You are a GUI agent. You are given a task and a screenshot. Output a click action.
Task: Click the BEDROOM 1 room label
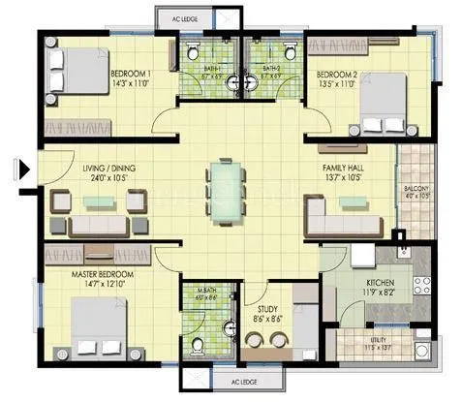click(130, 74)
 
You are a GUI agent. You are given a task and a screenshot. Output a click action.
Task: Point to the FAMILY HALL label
click(343, 168)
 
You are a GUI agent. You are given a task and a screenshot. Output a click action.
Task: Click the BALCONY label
click(416, 188)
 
